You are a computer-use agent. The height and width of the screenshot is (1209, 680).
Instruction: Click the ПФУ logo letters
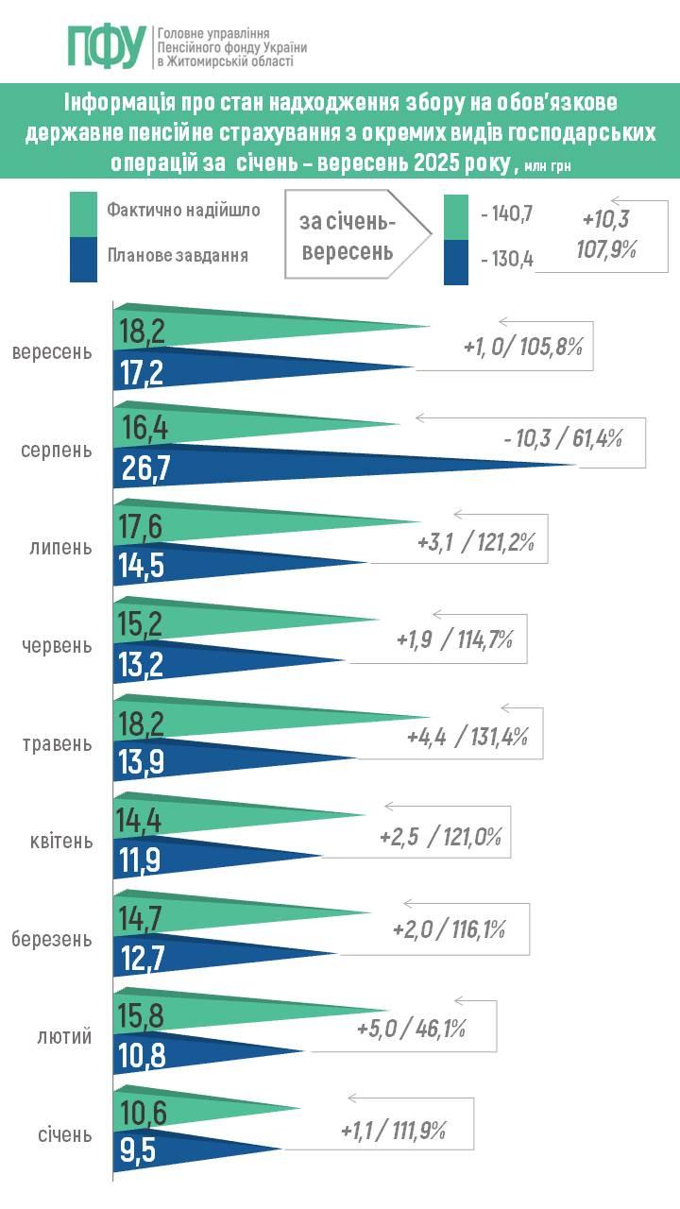point(106,45)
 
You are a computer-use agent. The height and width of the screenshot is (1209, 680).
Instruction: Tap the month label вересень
point(53,352)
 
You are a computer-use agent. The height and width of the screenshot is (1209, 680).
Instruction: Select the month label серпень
point(57,450)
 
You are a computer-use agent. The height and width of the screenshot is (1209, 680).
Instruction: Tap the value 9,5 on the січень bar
point(136,1150)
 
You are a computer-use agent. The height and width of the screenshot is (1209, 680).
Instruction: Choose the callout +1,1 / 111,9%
point(393,1129)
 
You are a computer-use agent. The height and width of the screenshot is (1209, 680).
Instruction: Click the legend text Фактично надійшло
point(183,211)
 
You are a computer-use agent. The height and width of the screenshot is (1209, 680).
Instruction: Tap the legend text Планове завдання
point(178,254)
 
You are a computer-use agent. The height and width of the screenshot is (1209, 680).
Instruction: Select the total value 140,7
point(506,215)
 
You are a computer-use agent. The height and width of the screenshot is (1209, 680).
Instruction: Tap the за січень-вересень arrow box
point(349,237)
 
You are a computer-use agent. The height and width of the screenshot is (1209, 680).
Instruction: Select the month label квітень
point(58,841)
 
